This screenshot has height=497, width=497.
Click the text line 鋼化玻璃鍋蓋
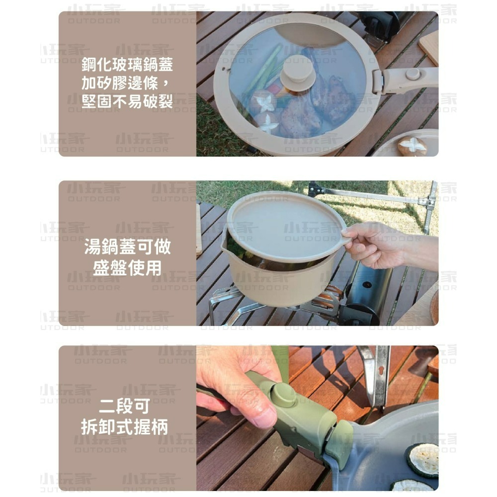[128, 65]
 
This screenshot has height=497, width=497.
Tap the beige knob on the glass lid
[298, 74]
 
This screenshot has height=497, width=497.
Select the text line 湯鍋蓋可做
[128, 247]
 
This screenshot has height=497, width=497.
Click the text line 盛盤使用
[128, 268]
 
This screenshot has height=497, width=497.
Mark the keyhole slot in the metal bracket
[381, 371]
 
